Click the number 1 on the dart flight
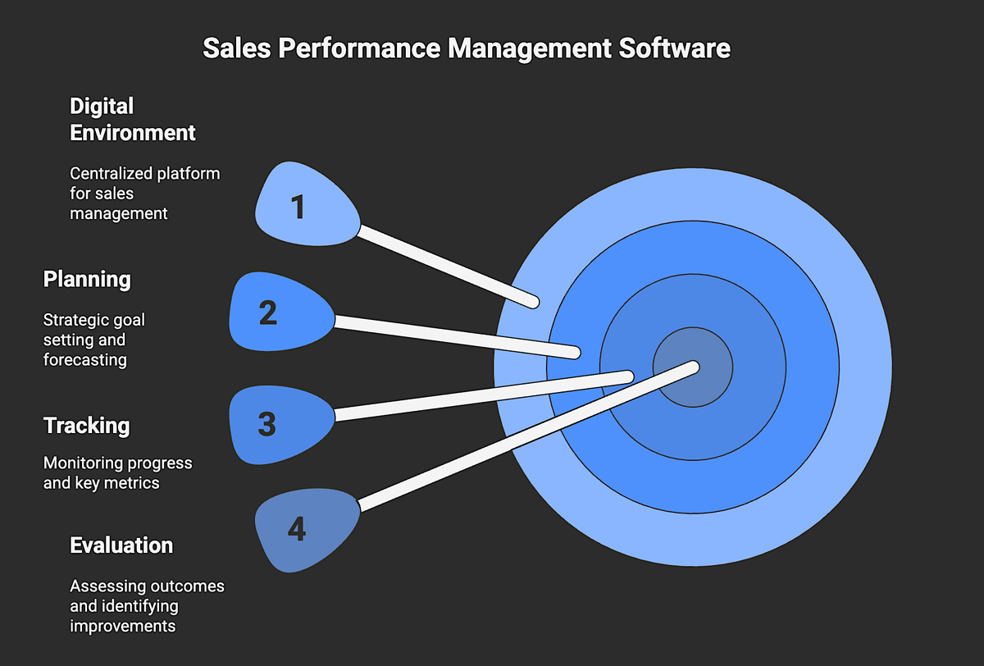click(298, 207)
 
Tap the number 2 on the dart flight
click(268, 313)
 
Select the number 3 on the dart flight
click(266, 424)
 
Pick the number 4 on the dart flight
click(296, 530)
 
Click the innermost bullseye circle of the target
click(693, 367)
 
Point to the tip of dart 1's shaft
click(532, 302)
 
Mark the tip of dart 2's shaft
click(575, 353)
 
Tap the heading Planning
click(87, 279)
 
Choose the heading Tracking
click(86, 425)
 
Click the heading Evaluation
click(121, 545)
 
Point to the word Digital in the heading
click(102, 107)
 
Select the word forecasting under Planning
click(84, 360)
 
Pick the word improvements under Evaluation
click(122, 626)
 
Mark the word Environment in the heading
click(133, 132)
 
